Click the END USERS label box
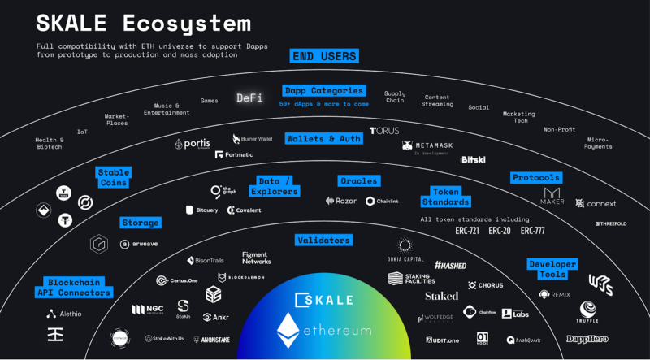[x=324, y=56]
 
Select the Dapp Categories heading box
[x=324, y=91]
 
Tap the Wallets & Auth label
[x=323, y=139]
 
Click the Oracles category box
[x=358, y=180]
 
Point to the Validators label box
[x=323, y=241]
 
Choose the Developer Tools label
[x=552, y=270]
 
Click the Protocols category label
[x=535, y=177]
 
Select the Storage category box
[x=141, y=222]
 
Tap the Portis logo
[x=192, y=144]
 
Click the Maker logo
[x=552, y=197]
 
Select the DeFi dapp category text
[x=249, y=98]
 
